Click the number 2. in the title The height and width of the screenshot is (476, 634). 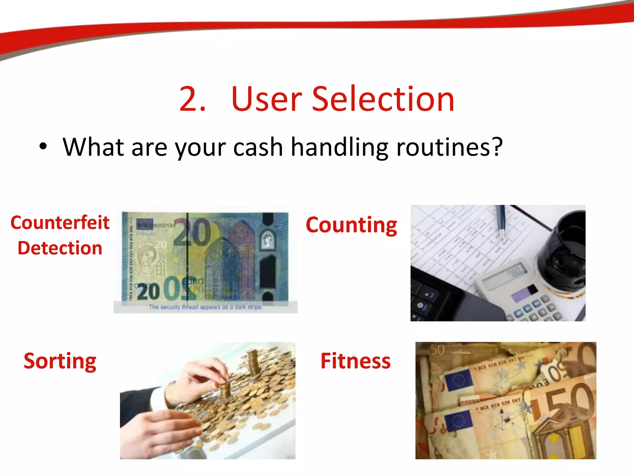pyautogui.click(x=192, y=99)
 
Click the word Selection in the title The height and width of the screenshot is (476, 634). pyautogui.click(x=383, y=99)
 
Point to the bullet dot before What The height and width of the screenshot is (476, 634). pyautogui.click(x=43, y=147)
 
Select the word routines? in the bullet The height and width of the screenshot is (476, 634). pyautogui.click(x=449, y=147)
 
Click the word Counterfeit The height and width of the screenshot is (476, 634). pyautogui.click(x=60, y=223)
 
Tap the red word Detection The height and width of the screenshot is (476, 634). pyautogui.click(x=60, y=248)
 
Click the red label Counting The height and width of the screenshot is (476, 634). pyautogui.click(x=351, y=225)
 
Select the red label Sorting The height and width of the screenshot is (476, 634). pyautogui.click(x=60, y=361)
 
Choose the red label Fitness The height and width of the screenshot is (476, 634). pyautogui.click(x=355, y=361)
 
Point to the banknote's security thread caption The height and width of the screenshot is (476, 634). pyautogui.click(x=206, y=307)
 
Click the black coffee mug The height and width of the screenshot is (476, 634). pyautogui.click(x=562, y=251)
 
